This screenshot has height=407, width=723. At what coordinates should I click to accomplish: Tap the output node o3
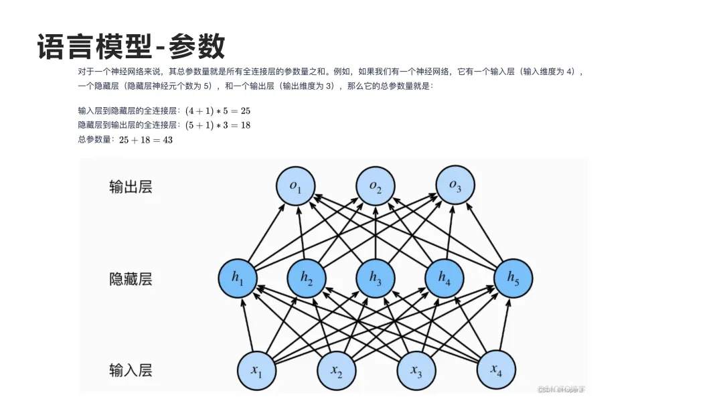click(x=455, y=185)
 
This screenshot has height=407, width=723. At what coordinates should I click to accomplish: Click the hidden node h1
click(x=238, y=278)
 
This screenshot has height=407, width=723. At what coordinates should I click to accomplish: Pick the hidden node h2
click(x=307, y=278)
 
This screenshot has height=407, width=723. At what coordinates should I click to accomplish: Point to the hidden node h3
click(x=376, y=278)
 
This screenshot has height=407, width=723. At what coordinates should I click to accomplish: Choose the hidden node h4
click(x=445, y=277)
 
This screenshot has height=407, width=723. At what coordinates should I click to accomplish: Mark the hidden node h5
click(x=513, y=277)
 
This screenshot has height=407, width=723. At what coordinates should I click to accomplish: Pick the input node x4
click(x=495, y=370)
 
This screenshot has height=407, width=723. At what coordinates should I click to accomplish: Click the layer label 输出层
click(x=131, y=187)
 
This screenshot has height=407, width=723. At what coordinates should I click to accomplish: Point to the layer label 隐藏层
click(x=131, y=278)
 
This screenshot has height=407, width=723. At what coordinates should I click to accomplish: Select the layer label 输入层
click(x=131, y=370)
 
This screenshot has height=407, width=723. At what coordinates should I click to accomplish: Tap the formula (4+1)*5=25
click(x=218, y=110)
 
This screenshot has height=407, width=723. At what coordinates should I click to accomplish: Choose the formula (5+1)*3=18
click(x=218, y=125)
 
